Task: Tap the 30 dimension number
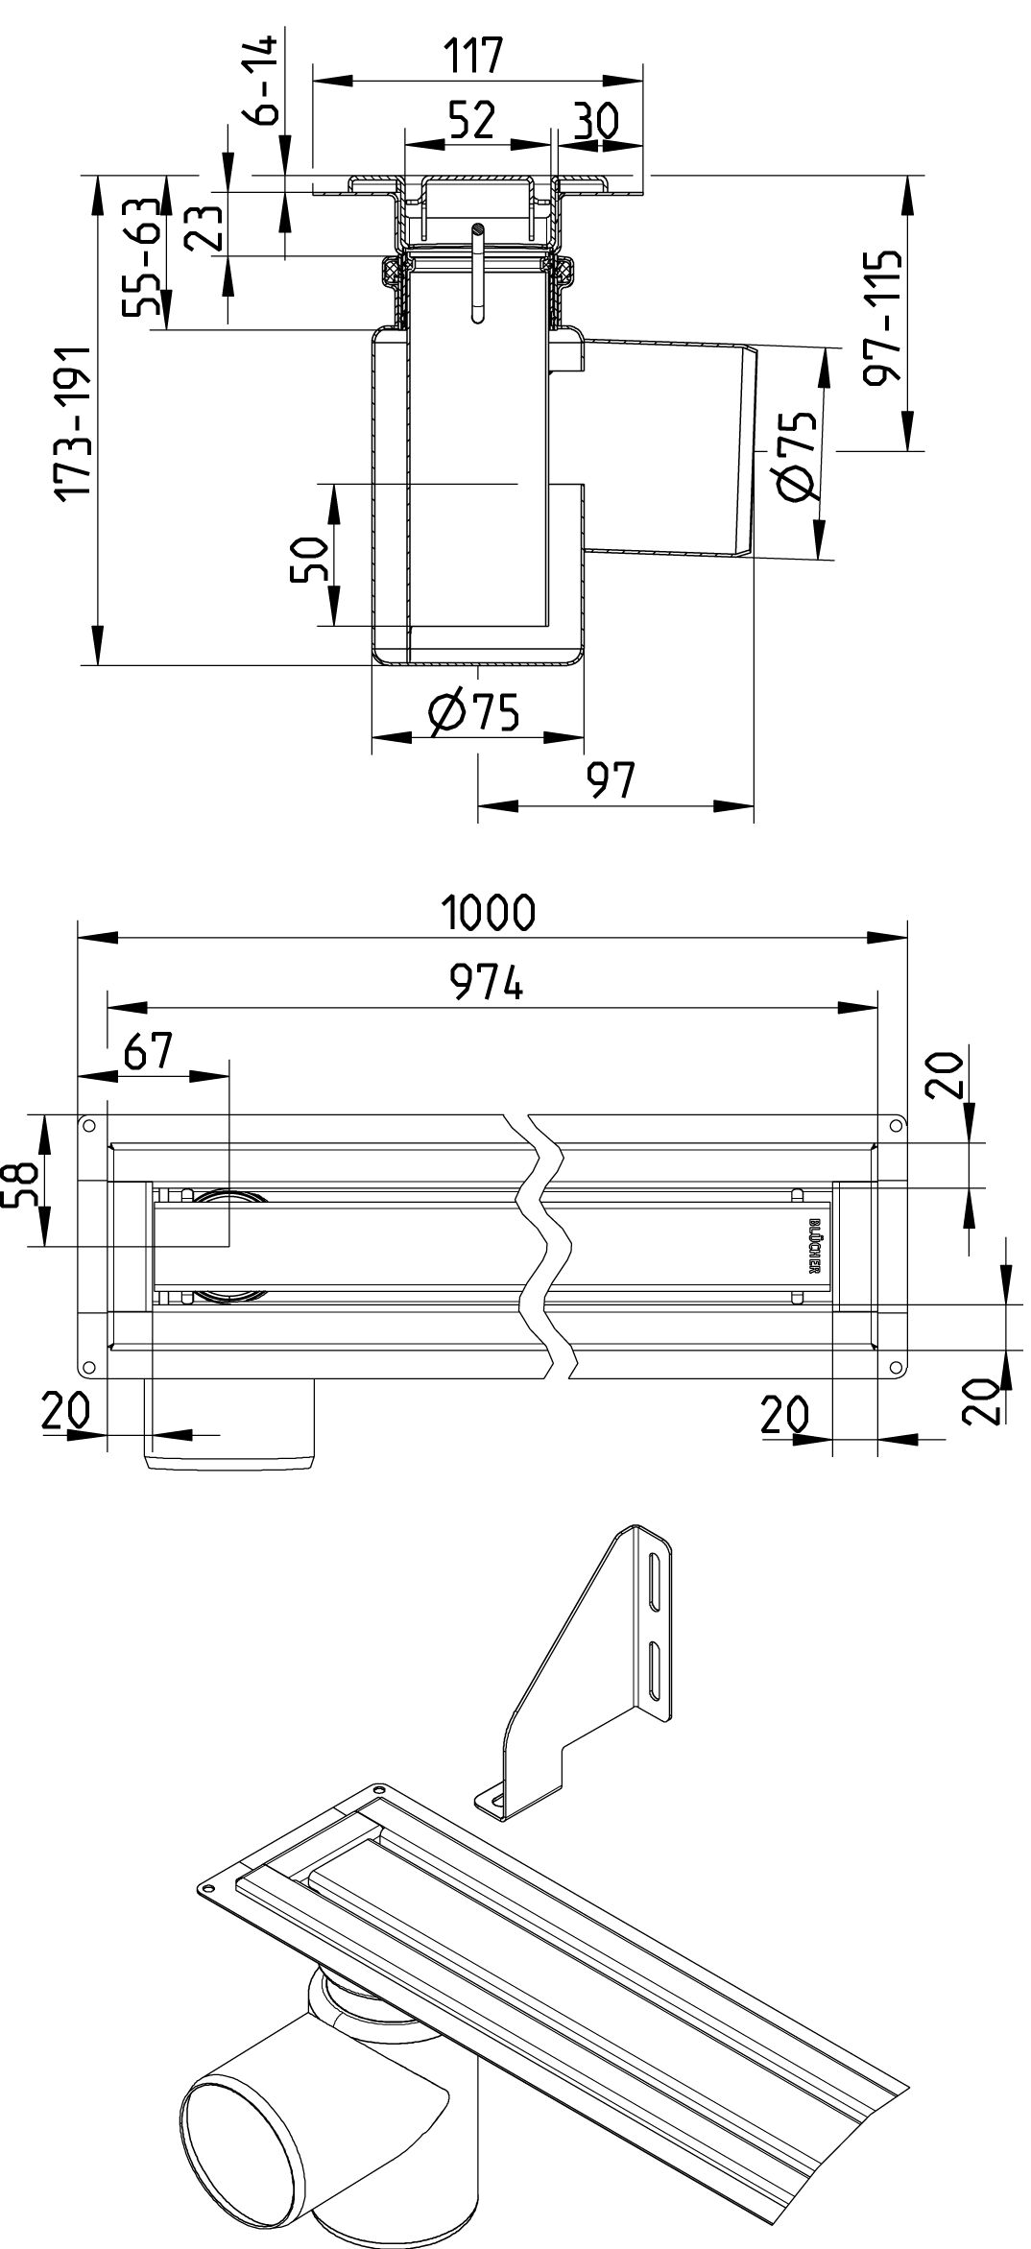[x=594, y=121]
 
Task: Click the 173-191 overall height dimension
[x=72, y=421]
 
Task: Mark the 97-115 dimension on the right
[x=882, y=318]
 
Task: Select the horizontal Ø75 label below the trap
[x=473, y=713]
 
